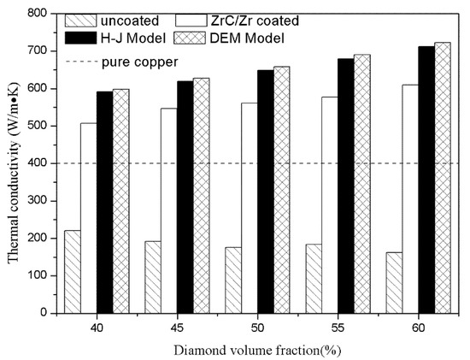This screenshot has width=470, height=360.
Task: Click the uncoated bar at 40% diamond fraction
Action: [x=72, y=272]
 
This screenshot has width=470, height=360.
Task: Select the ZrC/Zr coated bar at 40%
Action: [x=88, y=218]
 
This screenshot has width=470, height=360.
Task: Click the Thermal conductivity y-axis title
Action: [x=11, y=162]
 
